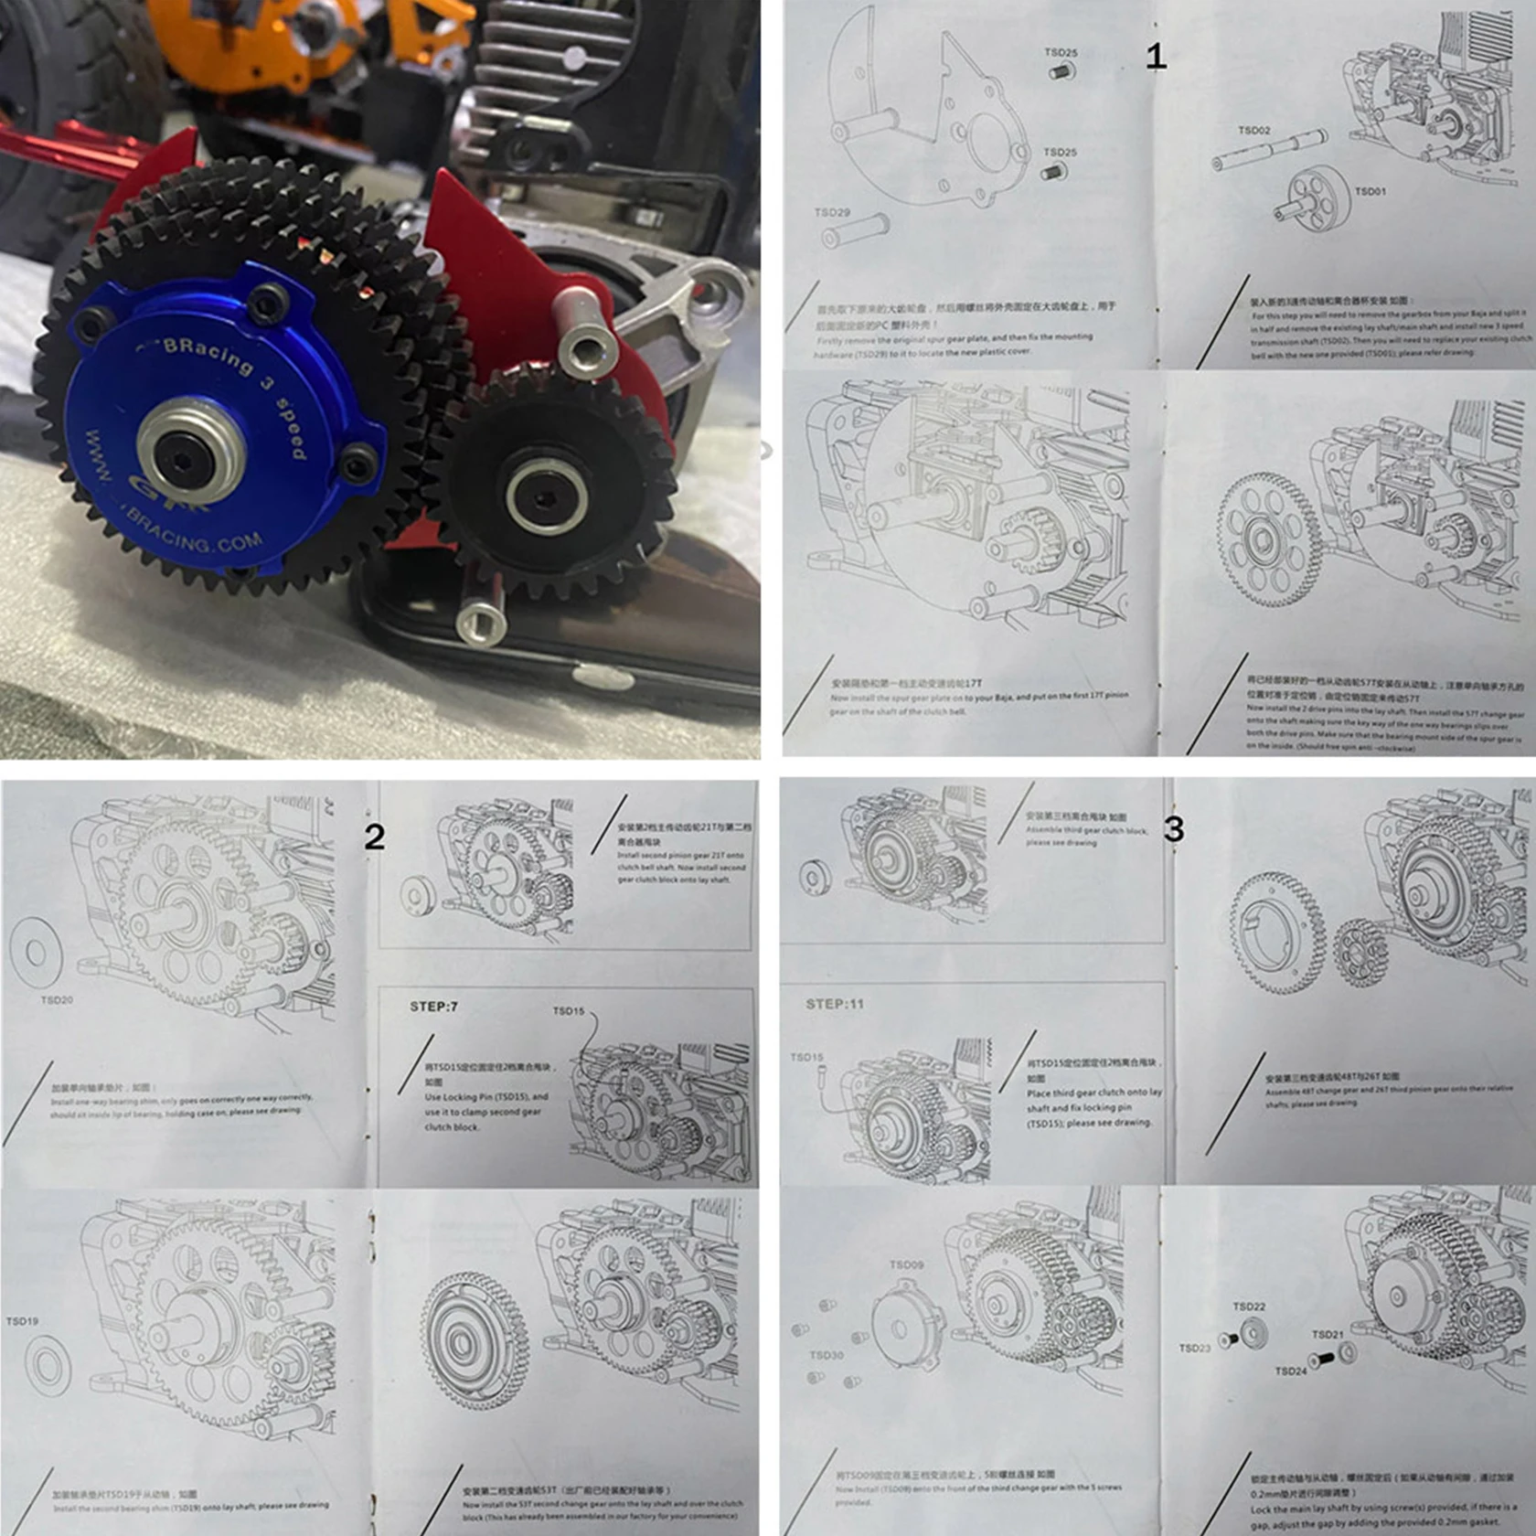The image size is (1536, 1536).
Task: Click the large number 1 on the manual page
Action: [1156, 57]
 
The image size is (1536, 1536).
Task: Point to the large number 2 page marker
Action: [374, 837]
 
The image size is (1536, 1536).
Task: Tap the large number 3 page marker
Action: [1174, 829]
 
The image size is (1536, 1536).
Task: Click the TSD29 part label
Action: [832, 212]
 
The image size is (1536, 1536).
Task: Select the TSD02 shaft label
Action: [1254, 131]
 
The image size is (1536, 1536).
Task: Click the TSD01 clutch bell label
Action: [1370, 191]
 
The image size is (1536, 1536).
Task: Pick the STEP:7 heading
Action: [433, 1007]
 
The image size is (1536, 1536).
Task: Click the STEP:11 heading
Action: [834, 1004]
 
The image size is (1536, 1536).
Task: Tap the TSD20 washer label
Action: [57, 1000]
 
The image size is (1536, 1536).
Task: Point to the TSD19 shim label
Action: [22, 1321]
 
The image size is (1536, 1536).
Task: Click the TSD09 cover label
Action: [906, 1265]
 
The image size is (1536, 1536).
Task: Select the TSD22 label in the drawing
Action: [1249, 1307]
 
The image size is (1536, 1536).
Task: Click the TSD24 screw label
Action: [1291, 1371]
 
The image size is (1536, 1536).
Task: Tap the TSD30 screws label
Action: [826, 1355]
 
